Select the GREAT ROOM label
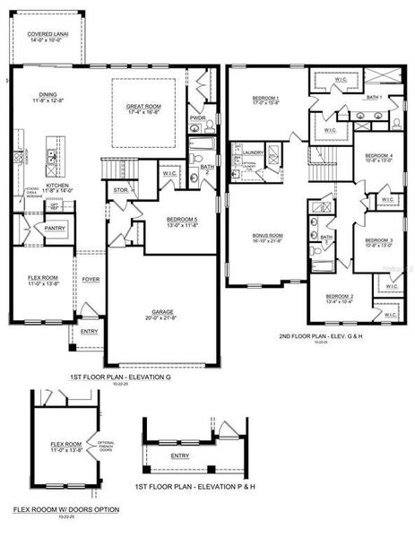point(143,106)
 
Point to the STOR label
point(121,190)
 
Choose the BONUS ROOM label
point(267,236)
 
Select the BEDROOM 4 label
point(379,155)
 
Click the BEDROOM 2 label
point(339,296)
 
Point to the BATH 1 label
point(374,96)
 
